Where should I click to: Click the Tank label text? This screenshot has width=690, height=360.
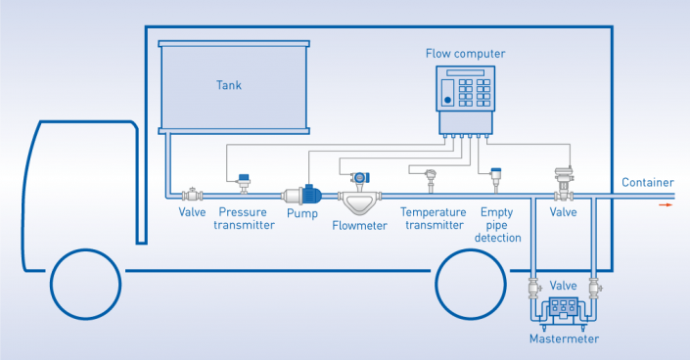(x=228, y=85)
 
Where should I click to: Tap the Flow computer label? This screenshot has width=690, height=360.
(x=465, y=53)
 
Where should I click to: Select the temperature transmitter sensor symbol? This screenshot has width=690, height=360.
(x=430, y=181)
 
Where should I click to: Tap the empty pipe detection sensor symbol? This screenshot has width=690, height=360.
(x=496, y=180)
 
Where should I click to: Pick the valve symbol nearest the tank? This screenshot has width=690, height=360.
(x=191, y=196)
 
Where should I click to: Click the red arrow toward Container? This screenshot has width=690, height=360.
(x=665, y=204)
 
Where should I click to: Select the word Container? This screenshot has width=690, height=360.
(x=647, y=183)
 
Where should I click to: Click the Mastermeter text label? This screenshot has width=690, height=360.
(x=563, y=339)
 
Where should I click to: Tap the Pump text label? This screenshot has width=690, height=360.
(x=301, y=213)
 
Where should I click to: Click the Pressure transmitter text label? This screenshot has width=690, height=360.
(x=244, y=218)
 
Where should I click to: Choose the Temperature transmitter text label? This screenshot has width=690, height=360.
(x=432, y=218)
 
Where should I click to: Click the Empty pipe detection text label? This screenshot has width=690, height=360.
(x=501, y=224)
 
